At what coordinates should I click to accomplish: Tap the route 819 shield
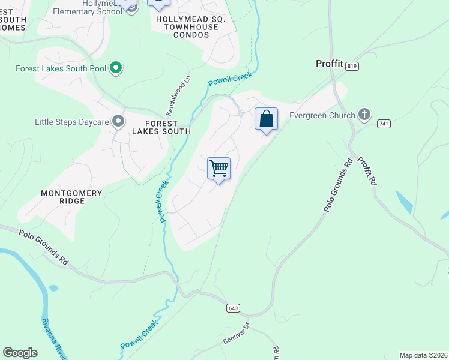click(352, 67)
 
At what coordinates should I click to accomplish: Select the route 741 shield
click(384, 124)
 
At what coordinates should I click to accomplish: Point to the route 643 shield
click(234, 308)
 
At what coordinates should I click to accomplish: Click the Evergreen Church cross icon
click(364, 114)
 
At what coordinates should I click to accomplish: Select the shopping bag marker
click(266, 119)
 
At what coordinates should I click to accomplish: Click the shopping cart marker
click(219, 169)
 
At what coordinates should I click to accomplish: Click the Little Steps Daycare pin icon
click(119, 122)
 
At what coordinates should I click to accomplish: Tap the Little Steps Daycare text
click(71, 122)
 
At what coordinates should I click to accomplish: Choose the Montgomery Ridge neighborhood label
click(71, 197)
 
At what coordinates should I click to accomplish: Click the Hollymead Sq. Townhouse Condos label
click(190, 27)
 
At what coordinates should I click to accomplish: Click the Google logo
click(20, 353)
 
